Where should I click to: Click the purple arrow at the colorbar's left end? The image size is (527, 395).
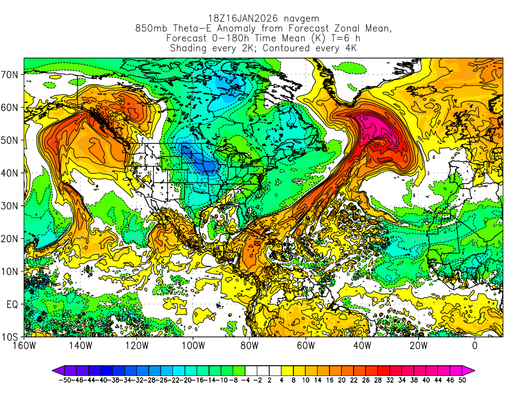click(x=56, y=370)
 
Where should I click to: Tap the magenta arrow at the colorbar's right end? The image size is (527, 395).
click(x=469, y=370)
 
